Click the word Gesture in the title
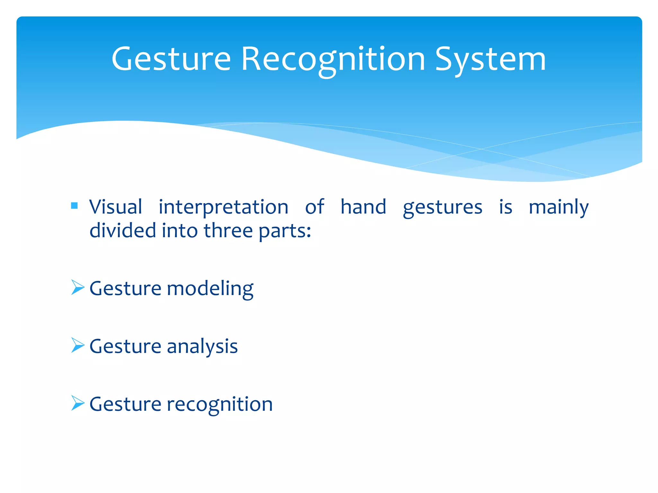coord(171,59)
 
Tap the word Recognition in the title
coord(333,59)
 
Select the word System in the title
coord(490,59)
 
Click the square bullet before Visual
coord(74,206)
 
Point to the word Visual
coord(116,207)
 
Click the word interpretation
coord(223,207)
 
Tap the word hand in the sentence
coord(363,207)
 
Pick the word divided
coord(123,231)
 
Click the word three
coord(228,231)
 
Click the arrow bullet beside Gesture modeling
coord(77,287)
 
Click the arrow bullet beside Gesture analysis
coord(77,345)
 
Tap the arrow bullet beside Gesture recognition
coord(77,403)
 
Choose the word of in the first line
coord(314,207)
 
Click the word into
coord(179,231)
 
